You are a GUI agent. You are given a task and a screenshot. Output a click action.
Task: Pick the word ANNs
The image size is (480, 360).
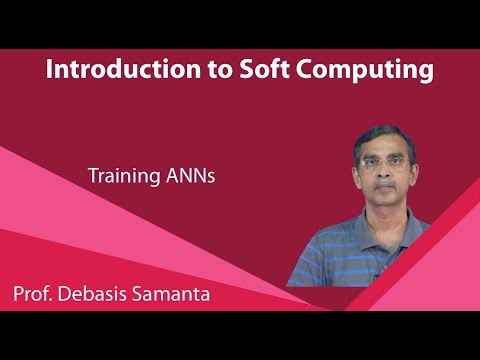pyautogui.click(x=189, y=175)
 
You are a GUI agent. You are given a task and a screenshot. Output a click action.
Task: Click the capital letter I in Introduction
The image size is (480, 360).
pyautogui.click(x=50, y=70)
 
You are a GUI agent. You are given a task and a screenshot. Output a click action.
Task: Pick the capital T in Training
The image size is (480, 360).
pyautogui.click(x=92, y=175)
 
